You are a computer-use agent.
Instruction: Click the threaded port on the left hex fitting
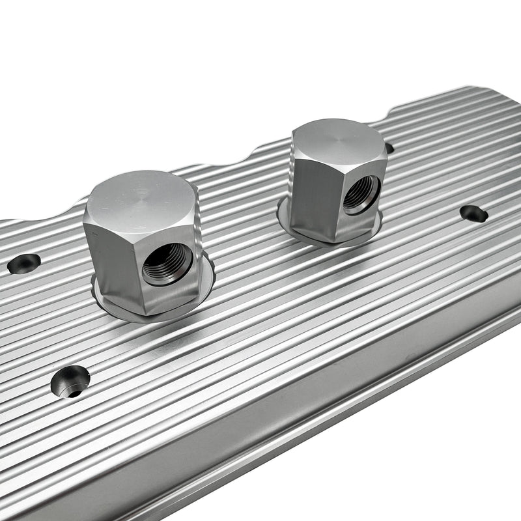167,264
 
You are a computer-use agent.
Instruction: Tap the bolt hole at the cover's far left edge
23,263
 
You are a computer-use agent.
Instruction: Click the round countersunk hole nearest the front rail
70,381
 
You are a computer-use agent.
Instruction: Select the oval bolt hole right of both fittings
473,213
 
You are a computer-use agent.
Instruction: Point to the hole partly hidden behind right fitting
389,148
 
